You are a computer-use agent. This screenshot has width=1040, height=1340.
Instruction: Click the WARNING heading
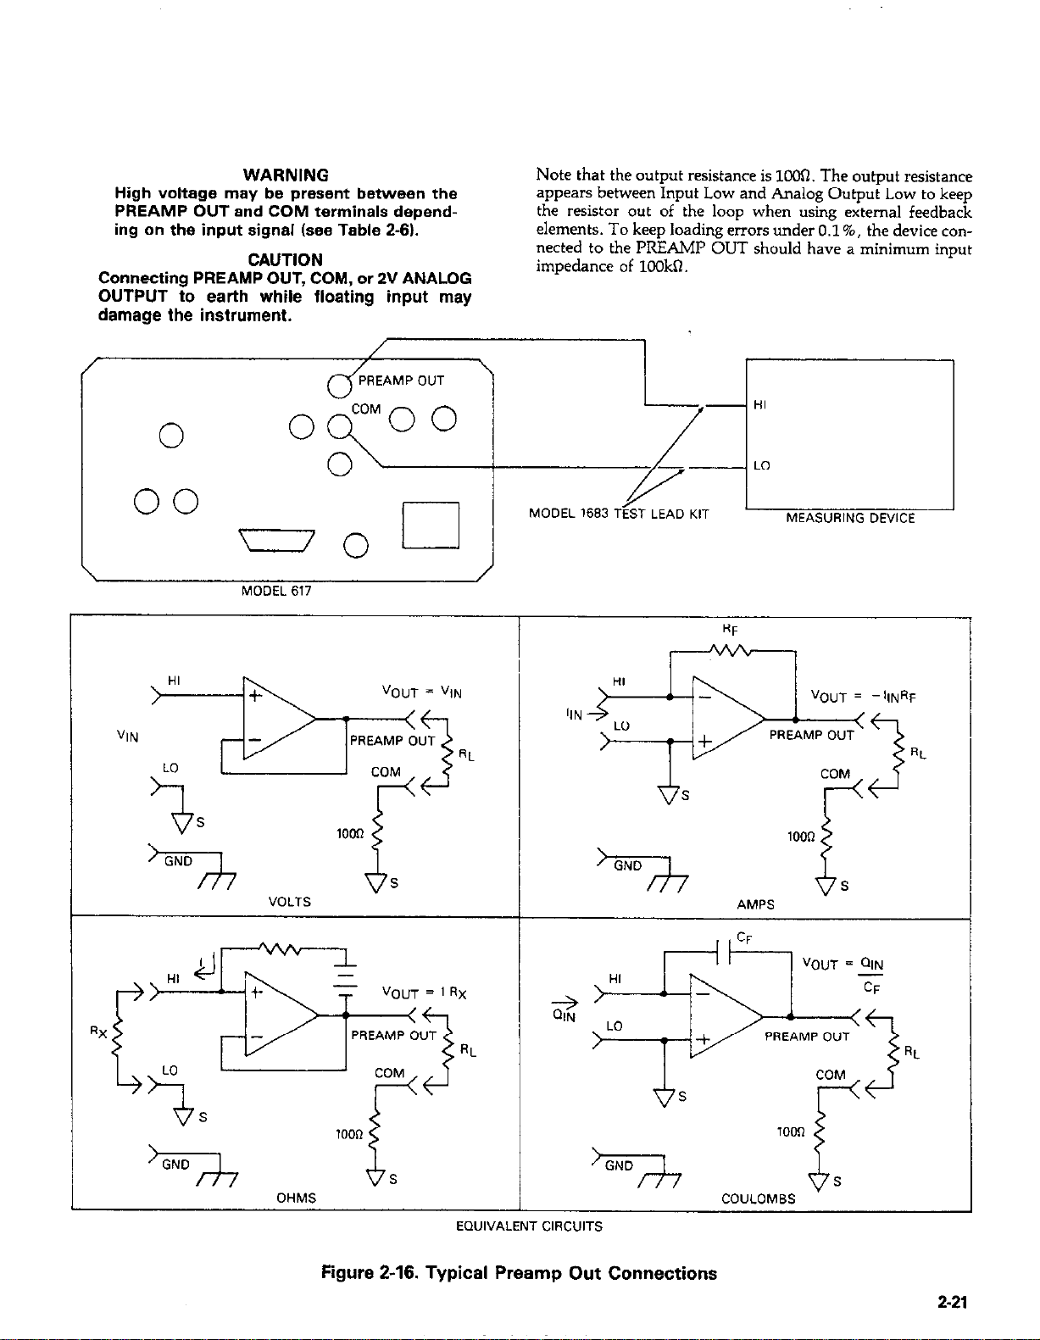pos(286,175)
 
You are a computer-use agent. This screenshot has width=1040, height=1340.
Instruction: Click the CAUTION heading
pos(285,259)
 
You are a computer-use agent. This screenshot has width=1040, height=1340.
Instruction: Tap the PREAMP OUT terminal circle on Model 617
pos(339,386)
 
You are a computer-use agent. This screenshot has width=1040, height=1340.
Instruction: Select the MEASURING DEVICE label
pos(850,518)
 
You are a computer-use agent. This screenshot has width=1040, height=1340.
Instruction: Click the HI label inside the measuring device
pos(759,404)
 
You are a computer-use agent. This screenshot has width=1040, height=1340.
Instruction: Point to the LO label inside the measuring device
pos(761,465)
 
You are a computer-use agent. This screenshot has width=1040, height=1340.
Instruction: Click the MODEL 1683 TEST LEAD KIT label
pos(619,514)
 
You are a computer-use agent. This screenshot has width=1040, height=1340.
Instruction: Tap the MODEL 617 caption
pos(276,591)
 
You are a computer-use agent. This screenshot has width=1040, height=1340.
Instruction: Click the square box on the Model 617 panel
pos(431,525)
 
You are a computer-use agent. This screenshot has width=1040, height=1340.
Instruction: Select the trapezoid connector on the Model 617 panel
pos(276,540)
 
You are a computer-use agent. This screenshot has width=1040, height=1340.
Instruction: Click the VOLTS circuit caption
pos(290,902)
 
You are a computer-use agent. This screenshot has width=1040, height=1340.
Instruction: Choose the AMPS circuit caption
pos(755,904)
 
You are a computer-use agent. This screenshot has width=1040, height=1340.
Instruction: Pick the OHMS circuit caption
pos(296,1198)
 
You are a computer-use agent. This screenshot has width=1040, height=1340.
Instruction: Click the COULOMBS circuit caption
pos(759,1198)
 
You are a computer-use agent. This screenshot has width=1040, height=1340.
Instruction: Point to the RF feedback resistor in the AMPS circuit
pos(729,650)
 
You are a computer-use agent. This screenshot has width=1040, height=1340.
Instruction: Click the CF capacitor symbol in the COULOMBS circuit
pos(723,952)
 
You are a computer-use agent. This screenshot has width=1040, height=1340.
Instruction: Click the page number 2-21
pos(953,1302)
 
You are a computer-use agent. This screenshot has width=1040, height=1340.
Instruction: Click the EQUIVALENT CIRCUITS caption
pos(529,1226)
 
